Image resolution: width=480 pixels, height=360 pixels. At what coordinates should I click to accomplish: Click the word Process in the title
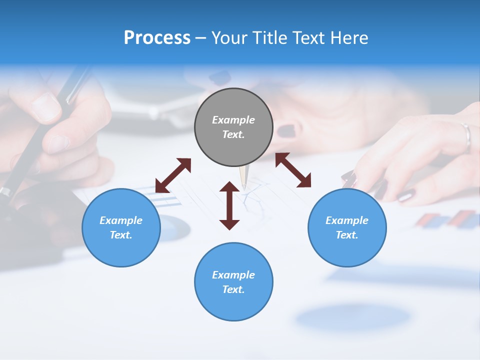point(157,38)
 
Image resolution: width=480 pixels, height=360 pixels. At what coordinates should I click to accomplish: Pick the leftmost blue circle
point(121,227)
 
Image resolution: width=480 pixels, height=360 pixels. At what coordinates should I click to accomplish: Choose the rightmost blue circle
point(347,227)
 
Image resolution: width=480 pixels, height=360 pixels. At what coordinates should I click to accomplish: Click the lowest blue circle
point(233,281)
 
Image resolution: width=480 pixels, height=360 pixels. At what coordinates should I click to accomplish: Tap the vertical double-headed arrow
point(229,205)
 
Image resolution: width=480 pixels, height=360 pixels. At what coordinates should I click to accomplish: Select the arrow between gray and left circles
point(173,175)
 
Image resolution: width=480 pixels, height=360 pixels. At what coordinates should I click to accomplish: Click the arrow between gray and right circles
point(293,170)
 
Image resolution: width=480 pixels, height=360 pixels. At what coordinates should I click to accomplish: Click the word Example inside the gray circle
point(233,120)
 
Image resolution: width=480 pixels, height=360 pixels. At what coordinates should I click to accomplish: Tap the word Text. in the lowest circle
point(233,289)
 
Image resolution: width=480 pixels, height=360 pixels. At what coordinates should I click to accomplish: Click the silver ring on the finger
point(466,136)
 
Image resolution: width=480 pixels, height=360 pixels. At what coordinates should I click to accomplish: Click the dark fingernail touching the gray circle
point(286,131)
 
